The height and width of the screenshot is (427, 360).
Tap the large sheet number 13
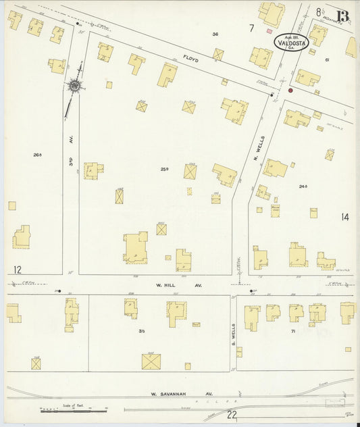(x=343, y=16)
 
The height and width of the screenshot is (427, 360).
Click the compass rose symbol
(x=74, y=86)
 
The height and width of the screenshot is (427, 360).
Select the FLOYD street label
(x=192, y=58)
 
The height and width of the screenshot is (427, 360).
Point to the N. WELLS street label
(x=257, y=148)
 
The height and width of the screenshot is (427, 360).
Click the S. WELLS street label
(x=232, y=331)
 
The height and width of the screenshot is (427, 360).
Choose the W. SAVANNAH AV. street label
(x=181, y=393)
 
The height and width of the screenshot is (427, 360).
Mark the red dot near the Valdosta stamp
(x=290, y=90)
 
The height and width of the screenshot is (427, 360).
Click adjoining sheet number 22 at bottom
(x=232, y=416)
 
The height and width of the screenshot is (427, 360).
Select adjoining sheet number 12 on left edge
(x=17, y=270)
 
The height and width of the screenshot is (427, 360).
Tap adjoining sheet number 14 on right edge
(x=345, y=217)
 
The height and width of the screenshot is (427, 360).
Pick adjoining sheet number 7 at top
(x=251, y=28)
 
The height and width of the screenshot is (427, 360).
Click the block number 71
(x=293, y=332)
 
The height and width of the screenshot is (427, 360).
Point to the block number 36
(x=215, y=34)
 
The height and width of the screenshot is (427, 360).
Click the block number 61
(x=326, y=60)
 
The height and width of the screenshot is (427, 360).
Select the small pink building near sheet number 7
(x=269, y=31)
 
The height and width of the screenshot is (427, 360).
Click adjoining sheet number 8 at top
(x=318, y=12)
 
